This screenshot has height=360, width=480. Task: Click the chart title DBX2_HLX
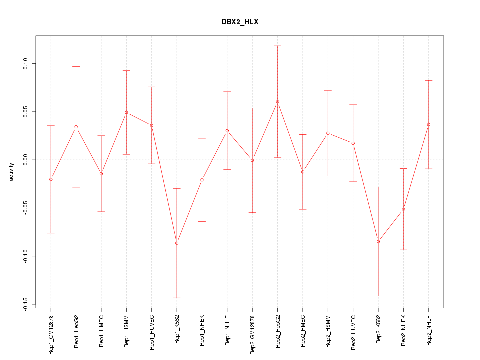(x=240, y=22)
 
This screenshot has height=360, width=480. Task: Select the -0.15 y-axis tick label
(x=25, y=304)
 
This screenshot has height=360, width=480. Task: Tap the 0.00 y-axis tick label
(x=25, y=160)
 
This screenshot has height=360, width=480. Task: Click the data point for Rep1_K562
(x=177, y=243)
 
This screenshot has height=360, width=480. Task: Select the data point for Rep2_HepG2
(x=277, y=102)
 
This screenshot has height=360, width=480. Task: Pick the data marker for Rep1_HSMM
(x=126, y=112)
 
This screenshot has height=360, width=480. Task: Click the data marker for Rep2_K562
(x=378, y=241)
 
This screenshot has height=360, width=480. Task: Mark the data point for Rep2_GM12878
(x=252, y=160)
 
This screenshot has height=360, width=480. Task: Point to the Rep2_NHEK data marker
(x=403, y=209)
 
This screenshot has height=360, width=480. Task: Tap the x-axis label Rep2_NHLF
(x=429, y=330)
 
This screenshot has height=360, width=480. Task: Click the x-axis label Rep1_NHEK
(x=202, y=330)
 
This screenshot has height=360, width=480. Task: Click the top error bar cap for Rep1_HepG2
(x=76, y=66)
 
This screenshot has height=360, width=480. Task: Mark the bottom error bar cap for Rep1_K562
(x=177, y=298)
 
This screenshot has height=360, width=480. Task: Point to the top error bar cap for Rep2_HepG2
(x=277, y=46)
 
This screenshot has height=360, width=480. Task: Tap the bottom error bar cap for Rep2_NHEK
(x=403, y=250)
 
